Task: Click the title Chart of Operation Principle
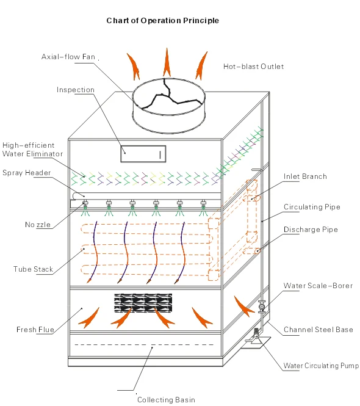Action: [162, 21]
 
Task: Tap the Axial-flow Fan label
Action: [68, 57]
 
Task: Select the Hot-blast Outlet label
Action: [253, 67]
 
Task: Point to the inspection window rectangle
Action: [143, 154]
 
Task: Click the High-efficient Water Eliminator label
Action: [32, 150]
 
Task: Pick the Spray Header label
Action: [26, 173]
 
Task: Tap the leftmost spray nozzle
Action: [85, 208]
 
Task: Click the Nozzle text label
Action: [38, 225]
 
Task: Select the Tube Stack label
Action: [33, 269]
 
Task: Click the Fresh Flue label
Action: [35, 329]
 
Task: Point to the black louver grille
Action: [143, 303]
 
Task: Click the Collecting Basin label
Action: [166, 399]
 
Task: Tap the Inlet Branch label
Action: [305, 176]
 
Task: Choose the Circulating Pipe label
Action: [312, 207]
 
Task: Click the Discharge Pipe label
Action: [311, 230]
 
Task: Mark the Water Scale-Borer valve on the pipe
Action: [262, 307]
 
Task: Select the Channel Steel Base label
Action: [319, 330]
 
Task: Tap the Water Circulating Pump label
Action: [321, 366]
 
